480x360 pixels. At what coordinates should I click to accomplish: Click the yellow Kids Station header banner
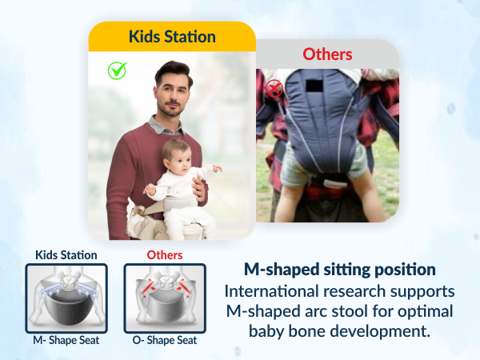coord(172,37)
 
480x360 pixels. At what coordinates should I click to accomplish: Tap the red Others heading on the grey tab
coord(326,54)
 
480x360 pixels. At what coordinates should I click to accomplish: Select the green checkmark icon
coord(118,70)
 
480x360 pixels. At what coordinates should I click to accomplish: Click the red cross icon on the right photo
coord(274,89)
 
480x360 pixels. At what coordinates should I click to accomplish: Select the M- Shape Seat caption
coord(66,338)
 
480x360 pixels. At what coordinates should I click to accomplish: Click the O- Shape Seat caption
coord(165,338)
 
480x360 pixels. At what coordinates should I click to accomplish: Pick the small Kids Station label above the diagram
coord(66,255)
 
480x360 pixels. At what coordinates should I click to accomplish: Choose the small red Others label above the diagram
coord(165,255)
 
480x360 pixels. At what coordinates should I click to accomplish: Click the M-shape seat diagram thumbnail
coord(66,296)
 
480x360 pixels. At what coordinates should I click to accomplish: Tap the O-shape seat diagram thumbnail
coord(165,296)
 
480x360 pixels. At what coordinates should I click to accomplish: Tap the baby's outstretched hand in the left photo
coord(216,169)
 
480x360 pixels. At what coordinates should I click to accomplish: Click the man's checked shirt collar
coord(164,124)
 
